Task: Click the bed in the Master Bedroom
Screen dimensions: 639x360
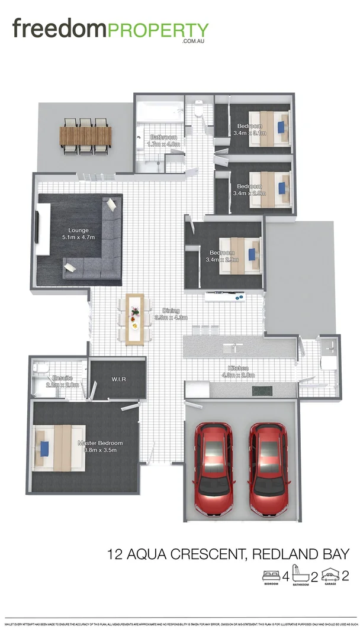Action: click(58, 448)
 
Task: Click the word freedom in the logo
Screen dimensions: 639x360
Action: click(58, 28)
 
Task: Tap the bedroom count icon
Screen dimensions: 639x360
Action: click(272, 575)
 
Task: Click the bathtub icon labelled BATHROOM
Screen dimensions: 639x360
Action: click(301, 575)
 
